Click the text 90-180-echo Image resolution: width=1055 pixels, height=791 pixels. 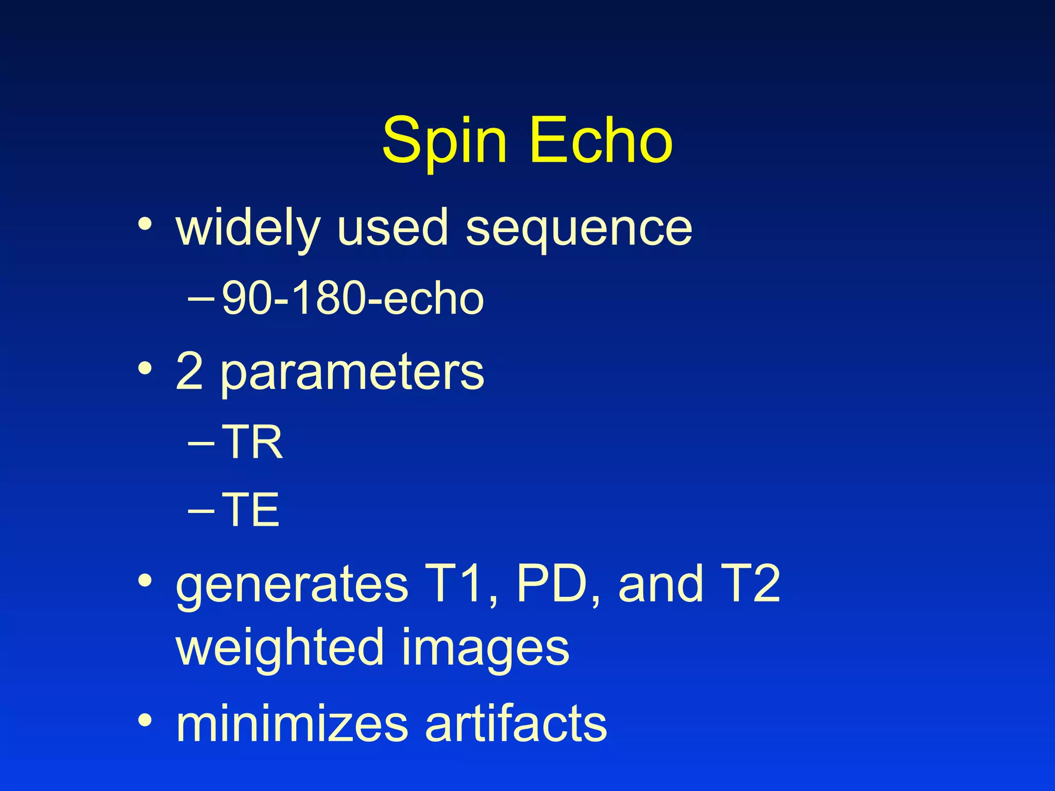click(353, 298)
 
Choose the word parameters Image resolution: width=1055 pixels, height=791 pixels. click(352, 373)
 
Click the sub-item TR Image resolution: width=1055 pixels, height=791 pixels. click(252, 442)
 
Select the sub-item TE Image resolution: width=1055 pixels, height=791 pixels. click(251, 509)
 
